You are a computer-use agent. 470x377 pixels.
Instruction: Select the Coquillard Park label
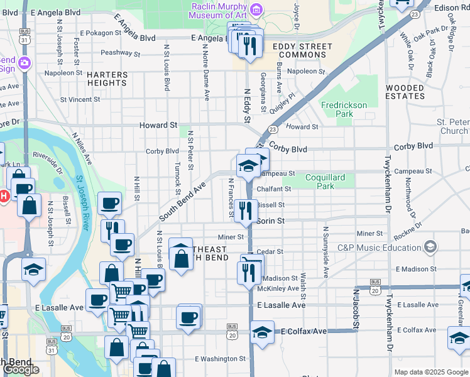tap(325, 182)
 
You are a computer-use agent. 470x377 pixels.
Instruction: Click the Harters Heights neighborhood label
tap(107, 79)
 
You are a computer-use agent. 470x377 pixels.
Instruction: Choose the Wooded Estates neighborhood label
tap(405, 92)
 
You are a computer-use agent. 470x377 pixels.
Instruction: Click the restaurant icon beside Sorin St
tap(246, 210)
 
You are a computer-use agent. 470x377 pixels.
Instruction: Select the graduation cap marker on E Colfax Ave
tap(262, 331)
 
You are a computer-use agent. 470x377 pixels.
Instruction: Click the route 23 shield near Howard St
tap(272, 129)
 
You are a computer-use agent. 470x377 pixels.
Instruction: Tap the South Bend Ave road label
tap(183, 202)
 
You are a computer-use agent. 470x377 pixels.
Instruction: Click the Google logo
tap(21, 369)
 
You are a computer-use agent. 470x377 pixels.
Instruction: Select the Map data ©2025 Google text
tap(430, 372)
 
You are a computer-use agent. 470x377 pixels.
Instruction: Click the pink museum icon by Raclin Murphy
tap(256, 9)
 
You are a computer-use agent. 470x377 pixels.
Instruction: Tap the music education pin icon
tap(430, 247)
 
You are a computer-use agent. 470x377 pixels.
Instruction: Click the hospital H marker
tap(3, 196)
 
